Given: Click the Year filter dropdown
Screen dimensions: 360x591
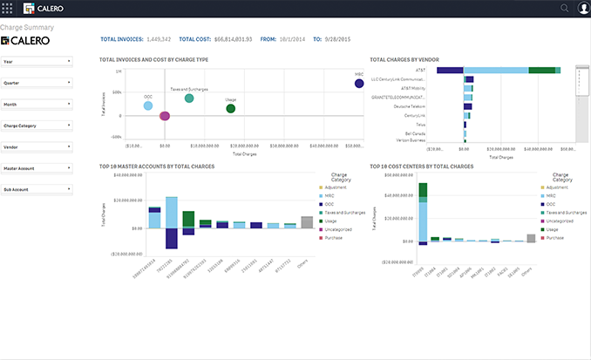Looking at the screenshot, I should point(37,62).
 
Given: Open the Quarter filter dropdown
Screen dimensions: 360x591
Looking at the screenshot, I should point(37,83).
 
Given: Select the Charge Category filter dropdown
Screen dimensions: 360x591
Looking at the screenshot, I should point(37,126).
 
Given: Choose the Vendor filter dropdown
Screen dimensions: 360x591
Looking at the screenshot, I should point(37,146).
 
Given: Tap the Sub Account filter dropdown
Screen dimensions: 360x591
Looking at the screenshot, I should point(37,189).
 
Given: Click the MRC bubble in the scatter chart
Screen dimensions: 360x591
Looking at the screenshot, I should point(359,83).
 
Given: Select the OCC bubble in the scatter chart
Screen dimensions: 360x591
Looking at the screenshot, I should point(148,106).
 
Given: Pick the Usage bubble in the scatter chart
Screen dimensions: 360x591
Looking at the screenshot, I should point(231,108).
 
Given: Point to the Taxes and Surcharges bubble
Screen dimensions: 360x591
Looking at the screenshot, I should point(189,98).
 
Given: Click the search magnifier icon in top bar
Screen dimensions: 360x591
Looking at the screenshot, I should point(564,9).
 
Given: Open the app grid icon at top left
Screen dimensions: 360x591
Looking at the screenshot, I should point(9,9).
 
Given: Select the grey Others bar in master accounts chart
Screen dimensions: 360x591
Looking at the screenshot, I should point(307,222).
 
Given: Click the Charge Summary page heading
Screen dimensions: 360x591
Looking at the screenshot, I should point(30,27).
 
